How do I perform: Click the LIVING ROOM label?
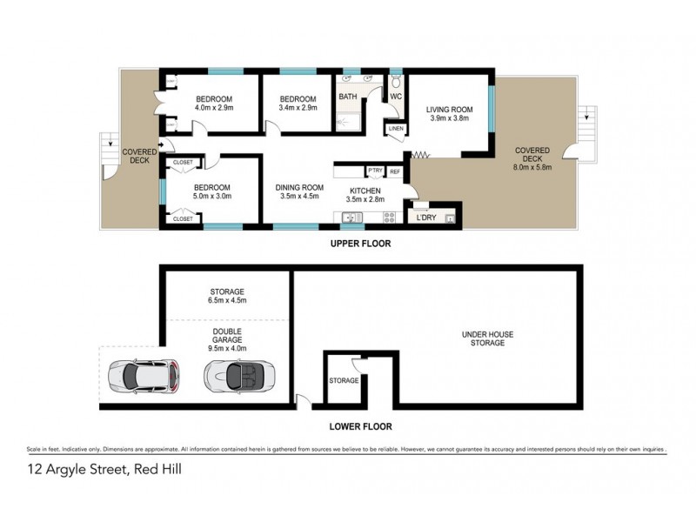tap(448, 110)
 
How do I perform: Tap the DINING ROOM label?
tap(299, 188)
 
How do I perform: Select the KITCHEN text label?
tap(366, 191)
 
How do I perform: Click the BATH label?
tap(348, 97)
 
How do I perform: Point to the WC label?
tap(394, 97)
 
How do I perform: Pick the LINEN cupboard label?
tap(396, 129)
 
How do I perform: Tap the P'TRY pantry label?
tap(376, 171)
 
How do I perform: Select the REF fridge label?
tap(394, 171)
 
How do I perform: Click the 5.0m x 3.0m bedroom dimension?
tap(211, 198)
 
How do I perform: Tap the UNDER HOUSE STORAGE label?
tap(485, 338)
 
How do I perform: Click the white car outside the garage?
tap(144, 376)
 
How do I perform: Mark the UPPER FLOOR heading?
tap(360, 244)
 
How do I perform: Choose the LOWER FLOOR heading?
tap(360, 426)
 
